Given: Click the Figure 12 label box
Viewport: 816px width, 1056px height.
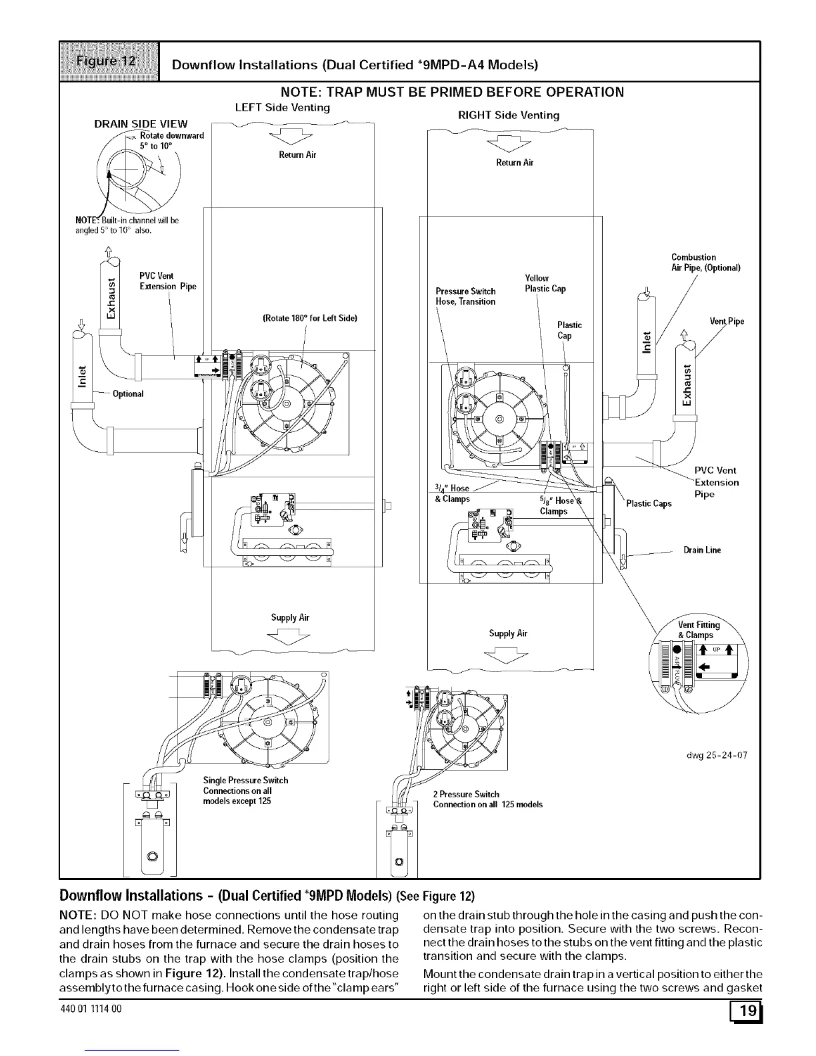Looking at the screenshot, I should pos(109,61).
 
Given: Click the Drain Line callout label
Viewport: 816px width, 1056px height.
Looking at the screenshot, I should pos(702,550).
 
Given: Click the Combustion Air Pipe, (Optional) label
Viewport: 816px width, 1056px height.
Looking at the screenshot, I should pos(705,263).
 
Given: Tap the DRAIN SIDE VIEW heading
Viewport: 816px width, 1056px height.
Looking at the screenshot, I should pos(141,123).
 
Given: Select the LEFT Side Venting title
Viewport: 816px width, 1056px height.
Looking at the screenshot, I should pos(283,107).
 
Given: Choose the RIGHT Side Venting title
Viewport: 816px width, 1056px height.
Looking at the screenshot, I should pos(508,115).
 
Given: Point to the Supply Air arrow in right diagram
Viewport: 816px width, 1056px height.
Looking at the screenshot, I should pos(507,655).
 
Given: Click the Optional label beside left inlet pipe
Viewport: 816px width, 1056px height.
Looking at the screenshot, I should pos(128,393).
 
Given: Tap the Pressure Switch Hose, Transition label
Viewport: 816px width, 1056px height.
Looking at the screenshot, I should pos(465,296).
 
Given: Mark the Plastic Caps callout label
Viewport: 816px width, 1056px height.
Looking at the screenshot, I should pos(649,503).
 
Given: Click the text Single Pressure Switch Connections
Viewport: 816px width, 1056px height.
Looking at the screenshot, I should pos(245,790).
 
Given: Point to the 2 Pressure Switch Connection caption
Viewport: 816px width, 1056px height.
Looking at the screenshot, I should pos(487,799).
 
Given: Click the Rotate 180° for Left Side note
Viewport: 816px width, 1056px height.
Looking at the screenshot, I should pos(310,318).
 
